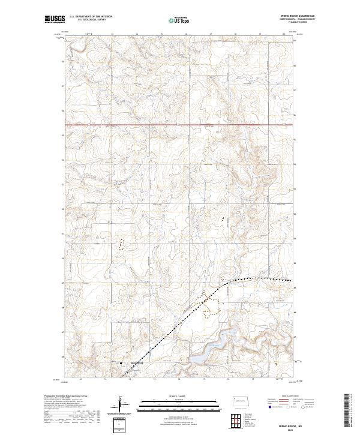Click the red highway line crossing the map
coord(180,125)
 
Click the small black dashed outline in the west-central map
coord(122,244)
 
